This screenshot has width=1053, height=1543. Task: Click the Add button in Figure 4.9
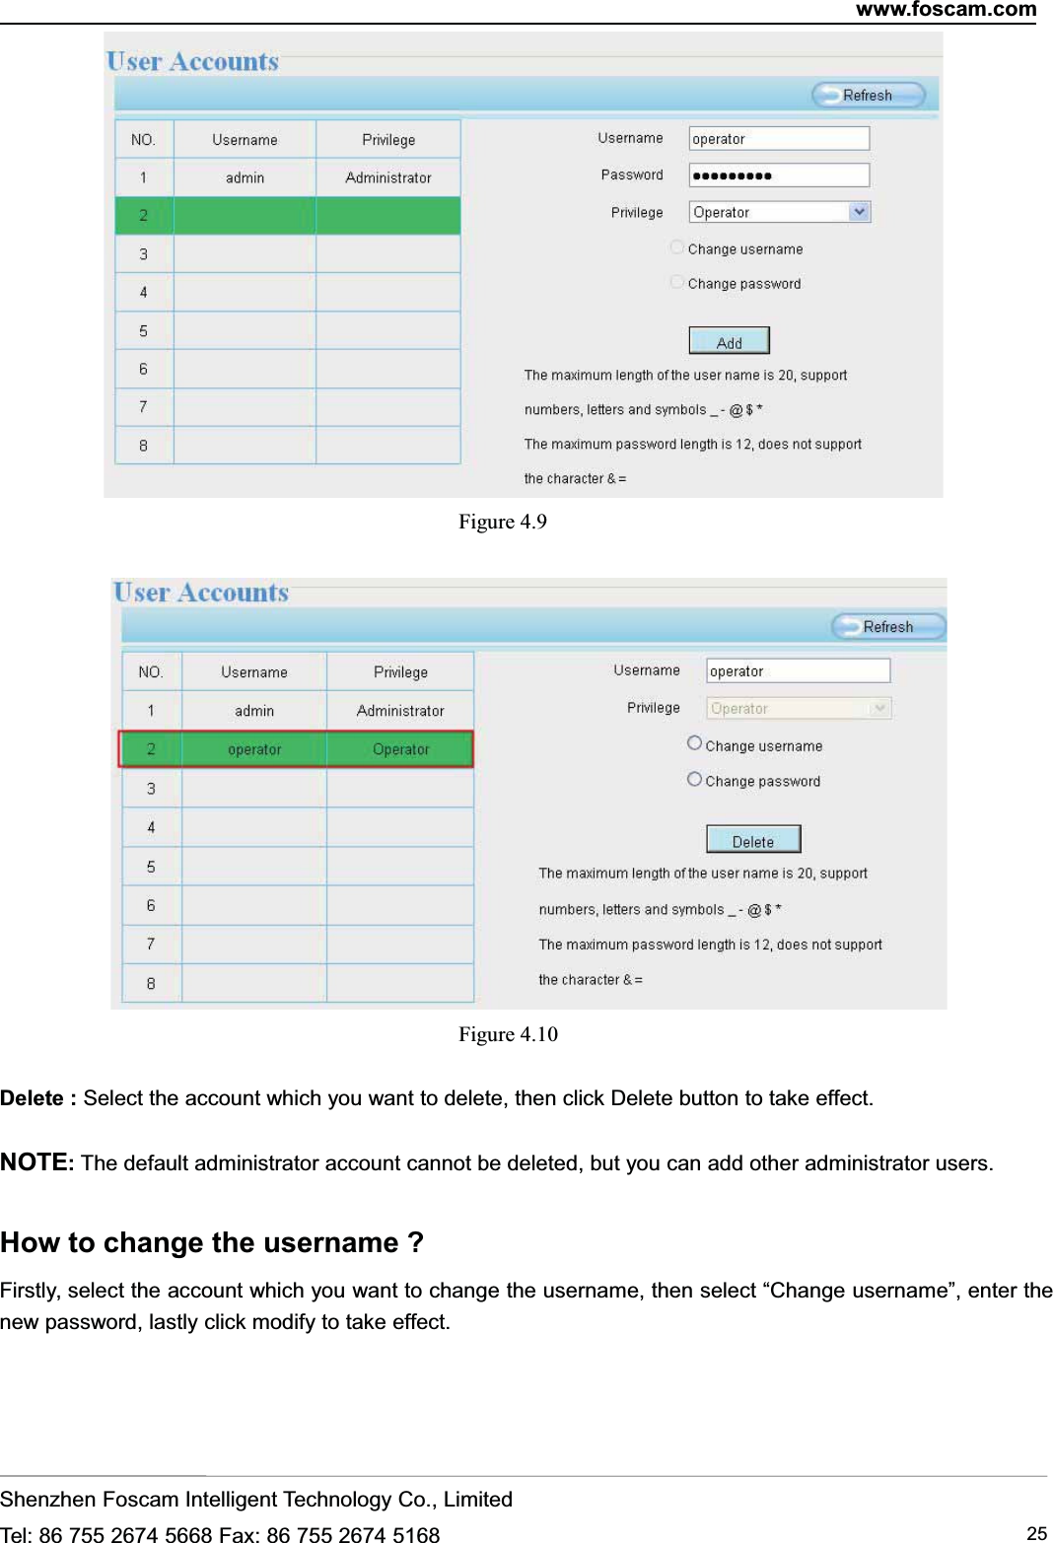pyautogui.click(x=729, y=341)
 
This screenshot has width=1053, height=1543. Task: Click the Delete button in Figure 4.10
pyautogui.click(x=753, y=840)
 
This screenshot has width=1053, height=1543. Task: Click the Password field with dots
pyautogui.click(x=779, y=175)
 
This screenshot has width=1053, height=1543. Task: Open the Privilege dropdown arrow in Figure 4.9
pyautogui.click(x=860, y=212)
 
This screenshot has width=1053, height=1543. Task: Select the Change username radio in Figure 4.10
pyautogui.click(x=694, y=743)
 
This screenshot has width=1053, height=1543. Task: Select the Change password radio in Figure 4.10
pyautogui.click(x=694, y=779)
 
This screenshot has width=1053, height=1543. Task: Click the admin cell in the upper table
pyautogui.click(x=245, y=177)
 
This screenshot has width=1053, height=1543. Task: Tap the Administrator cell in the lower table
pyautogui.click(x=400, y=710)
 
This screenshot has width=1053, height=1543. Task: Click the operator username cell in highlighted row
pyautogui.click(x=254, y=749)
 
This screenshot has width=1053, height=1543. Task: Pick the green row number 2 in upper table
pyautogui.click(x=144, y=215)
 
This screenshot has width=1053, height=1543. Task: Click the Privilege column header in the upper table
pyautogui.click(x=388, y=140)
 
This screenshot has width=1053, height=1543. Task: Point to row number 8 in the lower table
pyautogui.click(x=151, y=983)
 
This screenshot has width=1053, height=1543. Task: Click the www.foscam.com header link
pyautogui.click(x=946, y=10)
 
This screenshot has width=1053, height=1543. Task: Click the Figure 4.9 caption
pyautogui.click(x=502, y=522)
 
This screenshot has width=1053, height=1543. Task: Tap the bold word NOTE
pyautogui.click(x=34, y=1162)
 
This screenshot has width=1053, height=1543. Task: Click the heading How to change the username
pyautogui.click(x=212, y=1242)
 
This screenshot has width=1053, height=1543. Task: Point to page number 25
pyautogui.click(x=1036, y=1533)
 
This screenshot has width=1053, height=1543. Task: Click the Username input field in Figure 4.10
pyautogui.click(x=798, y=670)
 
